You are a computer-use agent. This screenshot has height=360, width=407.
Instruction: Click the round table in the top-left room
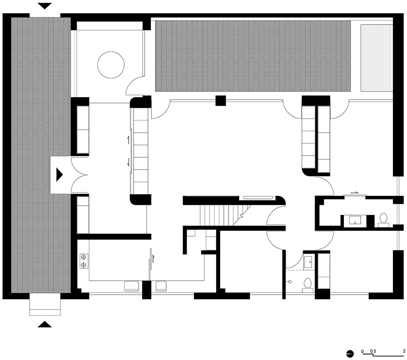click(x=111, y=65)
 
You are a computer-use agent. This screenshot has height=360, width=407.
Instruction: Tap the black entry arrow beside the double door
click(x=59, y=174)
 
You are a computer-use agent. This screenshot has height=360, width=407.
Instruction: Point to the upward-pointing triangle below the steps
click(x=45, y=324)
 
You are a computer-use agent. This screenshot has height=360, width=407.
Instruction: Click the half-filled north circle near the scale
click(x=350, y=354)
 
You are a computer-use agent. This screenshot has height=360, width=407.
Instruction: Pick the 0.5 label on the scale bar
click(x=373, y=352)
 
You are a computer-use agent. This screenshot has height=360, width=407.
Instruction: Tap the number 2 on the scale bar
click(x=404, y=352)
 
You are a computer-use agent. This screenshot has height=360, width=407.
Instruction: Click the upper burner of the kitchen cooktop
click(x=84, y=257)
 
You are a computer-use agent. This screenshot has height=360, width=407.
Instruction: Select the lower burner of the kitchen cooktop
click(x=84, y=265)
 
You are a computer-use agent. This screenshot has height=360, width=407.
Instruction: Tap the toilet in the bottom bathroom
click(x=308, y=285)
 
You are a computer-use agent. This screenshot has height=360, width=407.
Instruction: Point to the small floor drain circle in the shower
click(x=290, y=282)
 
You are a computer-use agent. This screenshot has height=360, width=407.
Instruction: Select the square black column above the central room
click(x=220, y=100)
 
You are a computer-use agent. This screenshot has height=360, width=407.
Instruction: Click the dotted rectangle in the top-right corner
click(x=376, y=58)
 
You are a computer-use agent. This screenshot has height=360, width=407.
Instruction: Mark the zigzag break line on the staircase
click(x=242, y=215)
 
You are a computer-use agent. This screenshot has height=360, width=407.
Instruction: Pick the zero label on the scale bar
click(x=362, y=352)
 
